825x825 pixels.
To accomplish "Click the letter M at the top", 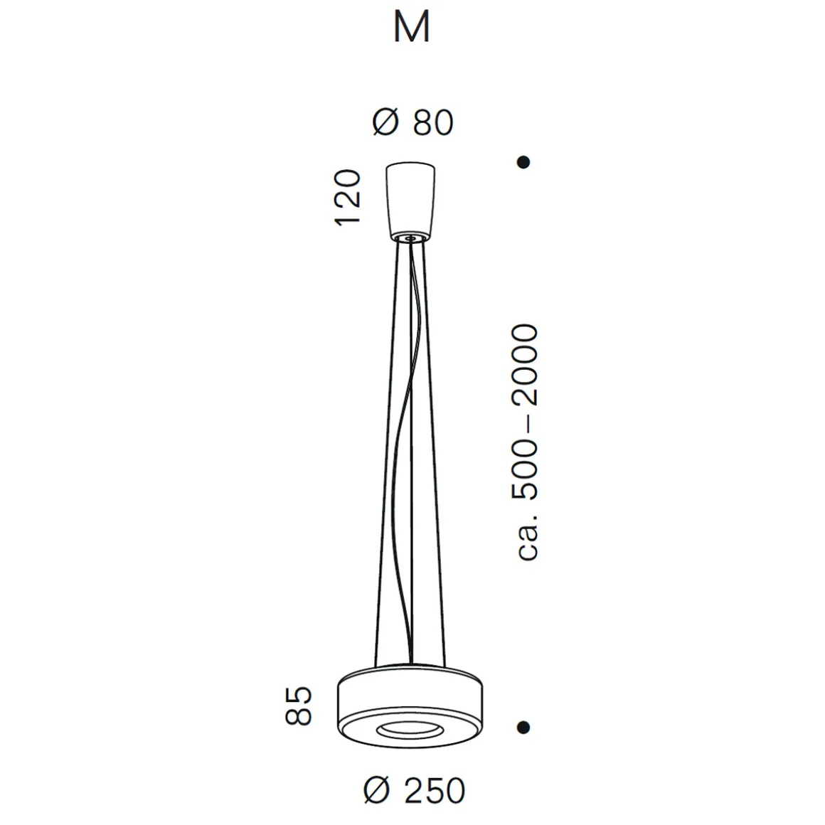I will [412, 28].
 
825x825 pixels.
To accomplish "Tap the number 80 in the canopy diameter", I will [432, 123].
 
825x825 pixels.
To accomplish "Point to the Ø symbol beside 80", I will [385, 123].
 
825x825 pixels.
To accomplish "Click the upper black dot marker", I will [524, 162].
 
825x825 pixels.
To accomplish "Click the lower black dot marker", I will [524, 727].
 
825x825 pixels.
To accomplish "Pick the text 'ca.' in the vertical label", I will [528, 543].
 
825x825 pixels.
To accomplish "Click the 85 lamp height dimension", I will [299, 706].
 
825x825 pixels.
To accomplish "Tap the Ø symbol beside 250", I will [377, 790].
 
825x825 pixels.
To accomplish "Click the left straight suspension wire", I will [385, 455].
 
